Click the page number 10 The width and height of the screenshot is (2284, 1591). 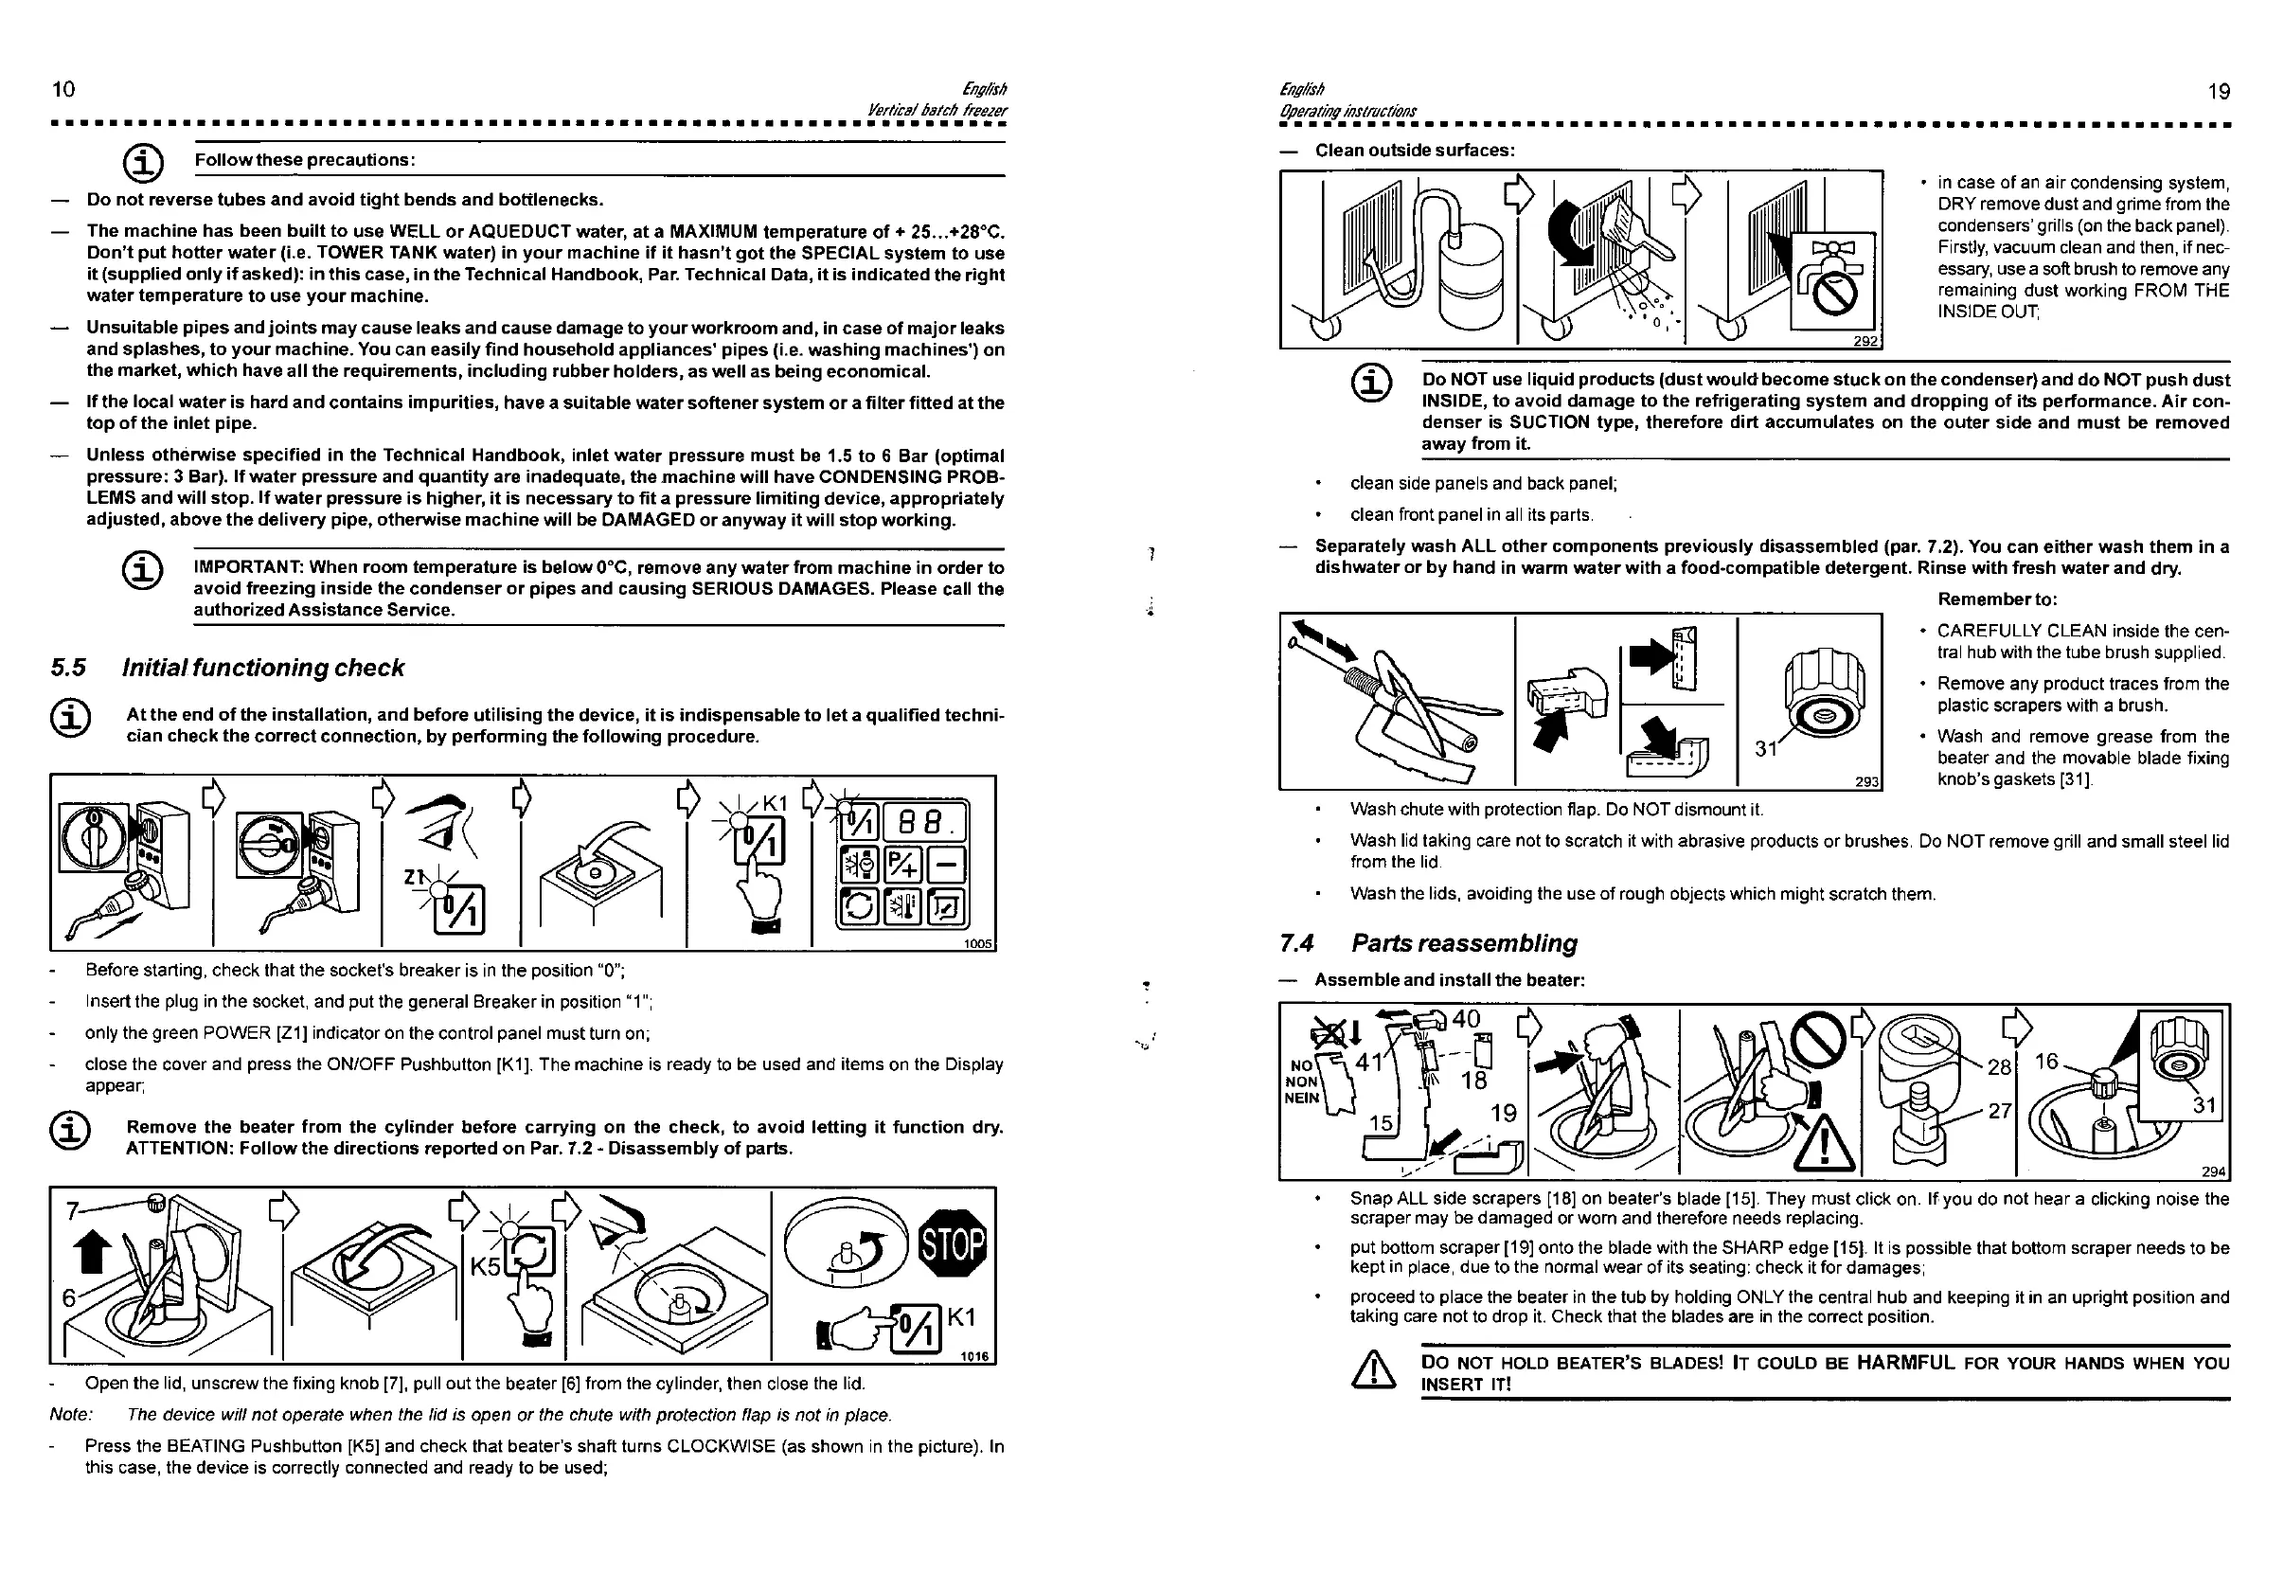point(63,90)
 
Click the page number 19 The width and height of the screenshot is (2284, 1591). point(2219,93)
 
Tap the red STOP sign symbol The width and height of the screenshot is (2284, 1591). point(952,1243)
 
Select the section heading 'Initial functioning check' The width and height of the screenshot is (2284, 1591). point(262,668)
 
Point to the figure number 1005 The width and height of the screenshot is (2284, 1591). point(978,943)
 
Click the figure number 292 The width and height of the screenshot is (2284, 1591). point(1865,341)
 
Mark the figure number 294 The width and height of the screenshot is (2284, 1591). point(2213,1172)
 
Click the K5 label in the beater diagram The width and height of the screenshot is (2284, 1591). point(486,1266)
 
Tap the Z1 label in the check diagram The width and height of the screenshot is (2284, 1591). point(414,877)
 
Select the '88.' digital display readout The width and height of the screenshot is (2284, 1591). point(924,823)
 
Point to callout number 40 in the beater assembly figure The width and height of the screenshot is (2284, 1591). point(1465,1019)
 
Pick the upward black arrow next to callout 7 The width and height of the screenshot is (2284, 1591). point(91,1251)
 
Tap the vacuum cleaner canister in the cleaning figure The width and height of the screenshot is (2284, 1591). point(1472,280)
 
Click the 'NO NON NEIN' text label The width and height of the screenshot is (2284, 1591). point(1301,1082)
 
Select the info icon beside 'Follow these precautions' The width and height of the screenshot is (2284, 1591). point(142,161)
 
